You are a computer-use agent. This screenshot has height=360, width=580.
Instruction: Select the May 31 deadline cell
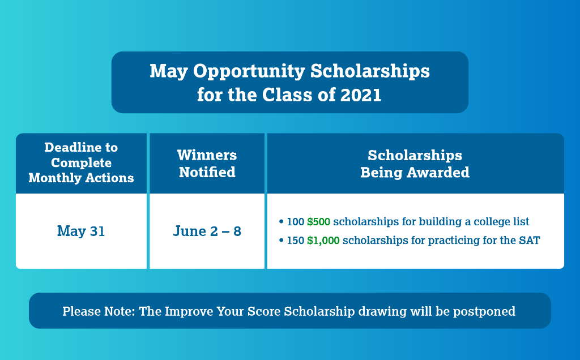(x=81, y=232)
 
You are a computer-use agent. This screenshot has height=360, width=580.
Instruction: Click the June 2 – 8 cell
(x=207, y=232)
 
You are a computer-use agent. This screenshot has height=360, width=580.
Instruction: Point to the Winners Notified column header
(x=207, y=164)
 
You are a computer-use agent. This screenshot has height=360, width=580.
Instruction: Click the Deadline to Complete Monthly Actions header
(x=81, y=163)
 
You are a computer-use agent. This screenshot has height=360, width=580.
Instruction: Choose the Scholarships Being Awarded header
(x=415, y=164)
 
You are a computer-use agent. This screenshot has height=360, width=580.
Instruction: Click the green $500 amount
(x=319, y=222)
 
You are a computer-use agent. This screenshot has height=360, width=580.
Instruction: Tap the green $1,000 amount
(x=323, y=241)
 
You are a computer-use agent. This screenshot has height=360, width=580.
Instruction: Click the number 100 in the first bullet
(x=296, y=222)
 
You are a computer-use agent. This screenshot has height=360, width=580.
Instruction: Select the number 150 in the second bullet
(x=296, y=241)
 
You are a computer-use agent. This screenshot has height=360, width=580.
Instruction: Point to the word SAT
(x=529, y=241)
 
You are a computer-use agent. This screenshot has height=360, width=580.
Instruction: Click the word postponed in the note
(x=488, y=311)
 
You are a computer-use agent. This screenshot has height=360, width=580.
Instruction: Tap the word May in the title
(x=168, y=71)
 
